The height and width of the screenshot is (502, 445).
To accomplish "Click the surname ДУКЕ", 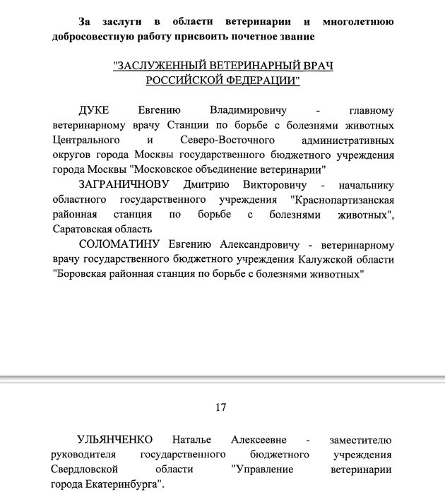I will coord(95,111).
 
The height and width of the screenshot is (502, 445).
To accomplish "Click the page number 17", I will coord(220,407).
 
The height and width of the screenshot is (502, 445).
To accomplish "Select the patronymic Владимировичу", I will coord(248,111).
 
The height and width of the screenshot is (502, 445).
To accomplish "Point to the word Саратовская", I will coord(85,229).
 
